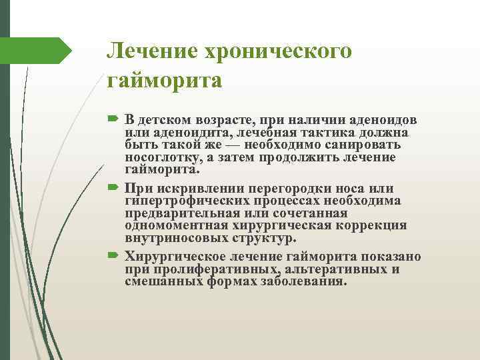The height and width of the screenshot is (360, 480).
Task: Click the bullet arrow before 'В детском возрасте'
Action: tap(111, 119)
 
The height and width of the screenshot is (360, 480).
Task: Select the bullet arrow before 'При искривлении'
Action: tap(111, 189)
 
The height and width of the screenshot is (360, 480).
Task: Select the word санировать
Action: tap(359, 145)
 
